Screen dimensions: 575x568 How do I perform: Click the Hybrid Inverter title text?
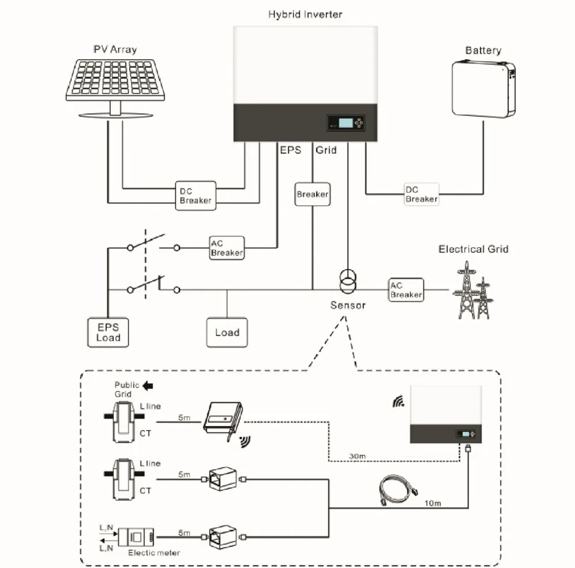click(x=305, y=14)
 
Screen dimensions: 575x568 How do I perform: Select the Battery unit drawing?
click(x=484, y=89)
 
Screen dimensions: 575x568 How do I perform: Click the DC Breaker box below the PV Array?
click(x=195, y=196)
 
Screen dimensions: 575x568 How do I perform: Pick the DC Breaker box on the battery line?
click(x=421, y=194)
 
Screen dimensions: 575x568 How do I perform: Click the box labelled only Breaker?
click(x=312, y=194)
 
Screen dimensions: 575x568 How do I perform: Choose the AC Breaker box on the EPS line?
click(x=227, y=248)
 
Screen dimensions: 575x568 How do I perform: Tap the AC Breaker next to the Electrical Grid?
click(x=406, y=290)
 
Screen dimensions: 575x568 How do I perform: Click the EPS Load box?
click(x=108, y=332)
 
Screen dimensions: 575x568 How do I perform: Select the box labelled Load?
click(x=227, y=332)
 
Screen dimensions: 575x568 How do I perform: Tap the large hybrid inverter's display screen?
click(x=346, y=123)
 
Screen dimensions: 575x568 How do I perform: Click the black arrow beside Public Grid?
click(x=148, y=386)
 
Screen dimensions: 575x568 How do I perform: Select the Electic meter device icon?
click(x=136, y=537)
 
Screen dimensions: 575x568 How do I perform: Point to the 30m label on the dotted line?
click(x=357, y=456)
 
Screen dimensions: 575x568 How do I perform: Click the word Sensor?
click(x=348, y=305)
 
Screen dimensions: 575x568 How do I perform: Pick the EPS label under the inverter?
click(x=290, y=150)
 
